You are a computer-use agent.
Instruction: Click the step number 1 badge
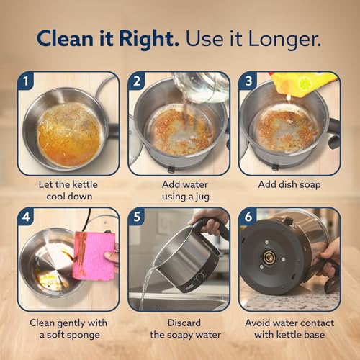click(x=26, y=81)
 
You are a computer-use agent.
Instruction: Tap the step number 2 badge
click(x=137, y=81)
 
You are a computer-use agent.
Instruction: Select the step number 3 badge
click(x=248, y=81)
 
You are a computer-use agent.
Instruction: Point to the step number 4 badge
click(x=26, y=217)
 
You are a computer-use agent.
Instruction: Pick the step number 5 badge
click(x=137, y=217)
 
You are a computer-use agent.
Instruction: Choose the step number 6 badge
click(x=248, y=217)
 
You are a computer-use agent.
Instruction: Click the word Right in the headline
click(x=149, y=39)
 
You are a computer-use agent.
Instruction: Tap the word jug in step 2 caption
click(x=202, y=197)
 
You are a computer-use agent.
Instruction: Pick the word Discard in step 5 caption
click(x=184, y=323)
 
